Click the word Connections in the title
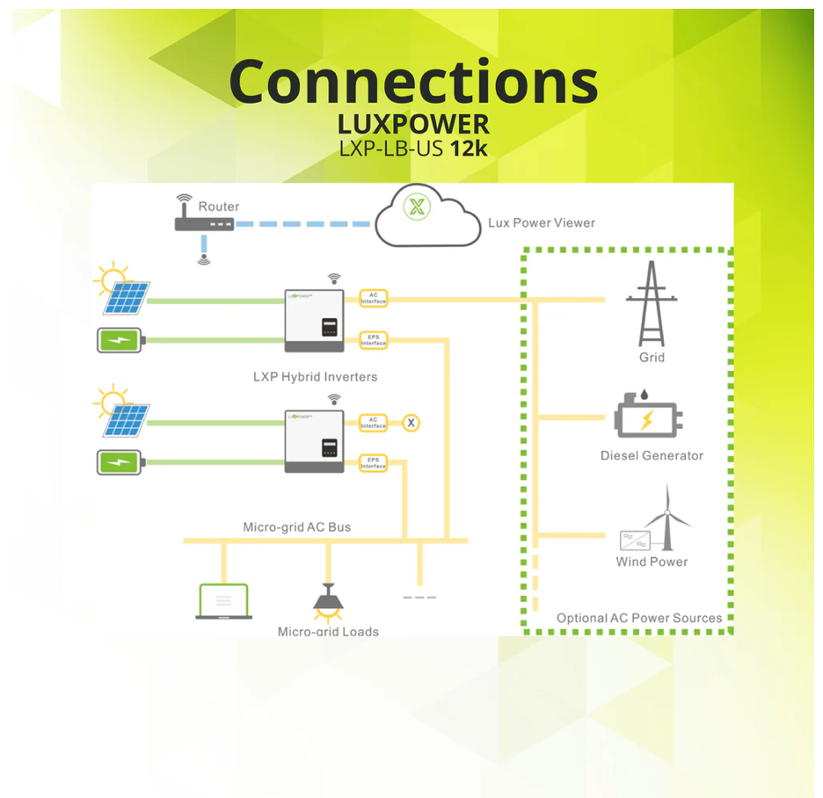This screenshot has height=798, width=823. [x=413, y=82]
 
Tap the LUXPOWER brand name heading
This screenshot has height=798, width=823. [x=413, y=123]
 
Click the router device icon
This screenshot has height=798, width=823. [x=205, y=224]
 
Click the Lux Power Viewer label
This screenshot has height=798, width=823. [x=541, y=222]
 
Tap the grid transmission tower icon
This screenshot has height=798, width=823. [x=652, y=303]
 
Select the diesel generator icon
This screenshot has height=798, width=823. [x=647, y=419]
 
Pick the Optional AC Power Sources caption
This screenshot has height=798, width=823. [x=639, y=618]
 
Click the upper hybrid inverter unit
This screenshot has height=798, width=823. [x=314, y=319]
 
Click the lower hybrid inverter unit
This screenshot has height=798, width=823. [x=314, y=440]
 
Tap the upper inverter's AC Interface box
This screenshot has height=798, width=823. [x=374, y=299]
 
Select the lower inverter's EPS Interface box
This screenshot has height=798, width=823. [x=374, y=462]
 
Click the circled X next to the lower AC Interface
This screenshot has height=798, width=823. [x=411, y=423]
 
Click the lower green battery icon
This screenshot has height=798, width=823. [x=118, y=461]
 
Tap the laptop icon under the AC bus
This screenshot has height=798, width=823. [x=222, y=601]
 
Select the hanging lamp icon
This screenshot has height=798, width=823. [x=328, y=599]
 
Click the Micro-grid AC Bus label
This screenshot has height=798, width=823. [x=296, y=527]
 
